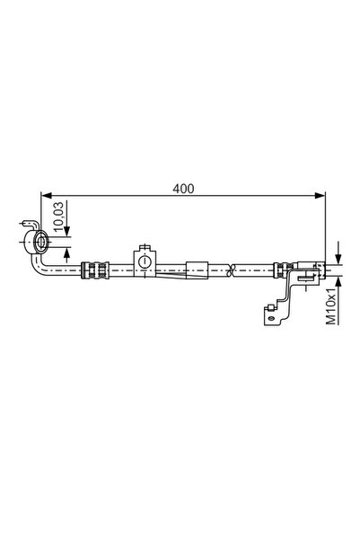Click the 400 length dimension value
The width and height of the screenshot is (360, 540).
click(x=184, y=188)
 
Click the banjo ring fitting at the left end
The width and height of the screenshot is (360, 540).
click(x=39, y=240)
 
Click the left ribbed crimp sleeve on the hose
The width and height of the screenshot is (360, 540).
click(x=94, y=267)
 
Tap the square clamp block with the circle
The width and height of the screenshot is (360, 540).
click(x=143, y=261)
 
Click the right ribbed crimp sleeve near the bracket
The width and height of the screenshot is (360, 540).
click(x=282, y=267)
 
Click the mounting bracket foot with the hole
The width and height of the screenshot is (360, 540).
click(x=268, y=313)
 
